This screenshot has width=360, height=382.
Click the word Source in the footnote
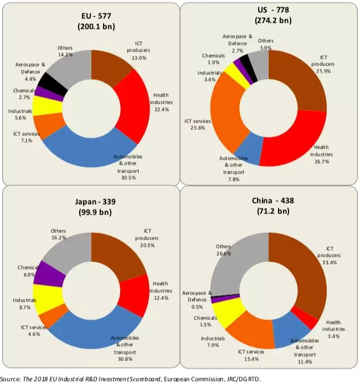click(x=11, y=377)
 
